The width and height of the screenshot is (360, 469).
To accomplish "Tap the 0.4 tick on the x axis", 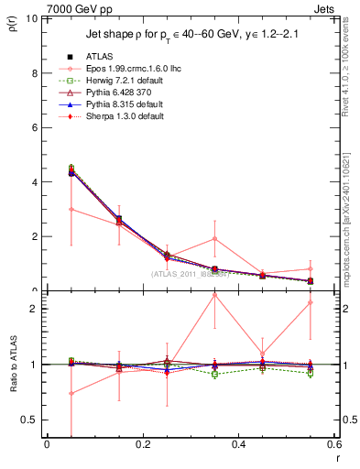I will click(x=238, y=446).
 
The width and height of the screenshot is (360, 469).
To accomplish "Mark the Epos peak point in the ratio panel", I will click(x=214, y=295).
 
